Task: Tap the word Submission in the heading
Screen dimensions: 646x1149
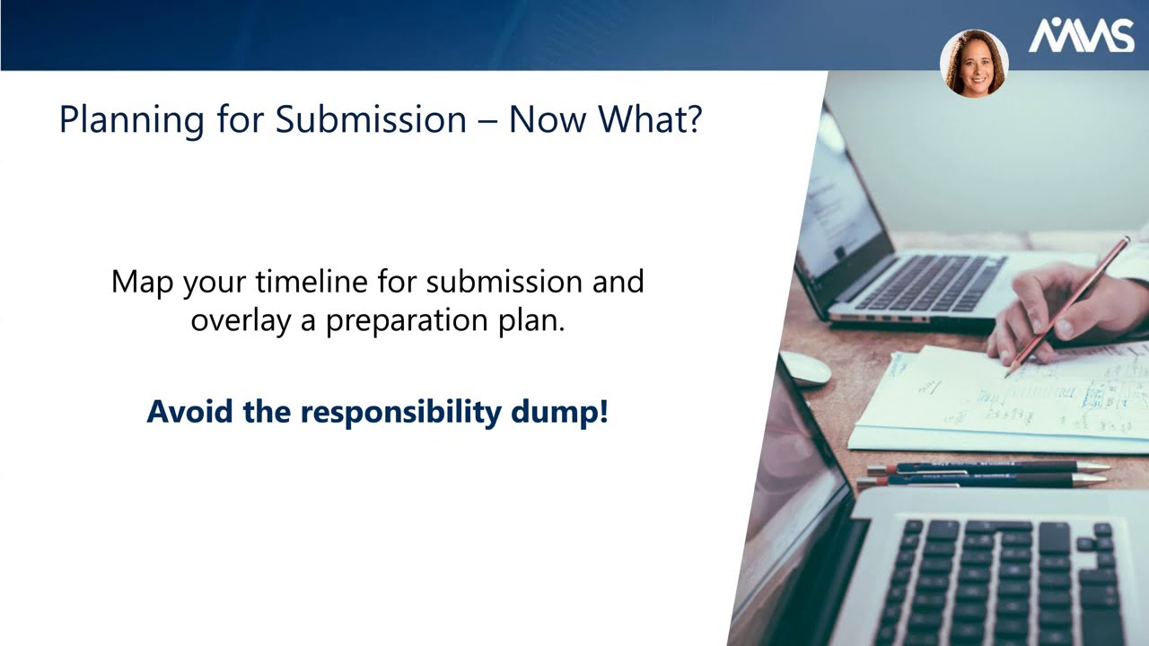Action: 371,120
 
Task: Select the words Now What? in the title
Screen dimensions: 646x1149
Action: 605,120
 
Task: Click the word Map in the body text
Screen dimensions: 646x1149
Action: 143,282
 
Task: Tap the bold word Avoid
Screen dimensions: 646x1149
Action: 185,411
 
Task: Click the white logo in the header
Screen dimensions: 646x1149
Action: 1081,36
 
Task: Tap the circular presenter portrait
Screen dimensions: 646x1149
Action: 974,64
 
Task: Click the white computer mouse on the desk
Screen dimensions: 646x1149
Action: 804,368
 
